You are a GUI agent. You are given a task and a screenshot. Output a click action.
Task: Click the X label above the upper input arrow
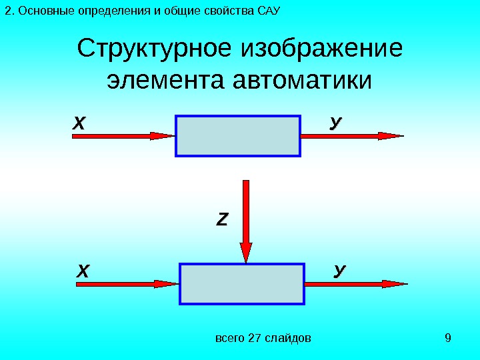click(x=80, y=123)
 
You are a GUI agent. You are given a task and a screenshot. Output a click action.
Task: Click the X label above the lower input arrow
click(x=83, y=271)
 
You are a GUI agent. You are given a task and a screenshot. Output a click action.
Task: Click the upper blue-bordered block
click(x=238, y=136)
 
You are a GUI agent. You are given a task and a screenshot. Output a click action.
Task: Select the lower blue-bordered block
click(x=241, y=284)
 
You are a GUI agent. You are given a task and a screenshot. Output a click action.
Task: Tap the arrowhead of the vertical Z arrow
click(x=246, y=252)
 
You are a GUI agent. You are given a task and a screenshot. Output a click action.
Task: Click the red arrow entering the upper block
click(x=123, y=136)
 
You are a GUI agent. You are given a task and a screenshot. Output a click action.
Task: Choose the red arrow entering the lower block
click(x=127, y=284)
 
